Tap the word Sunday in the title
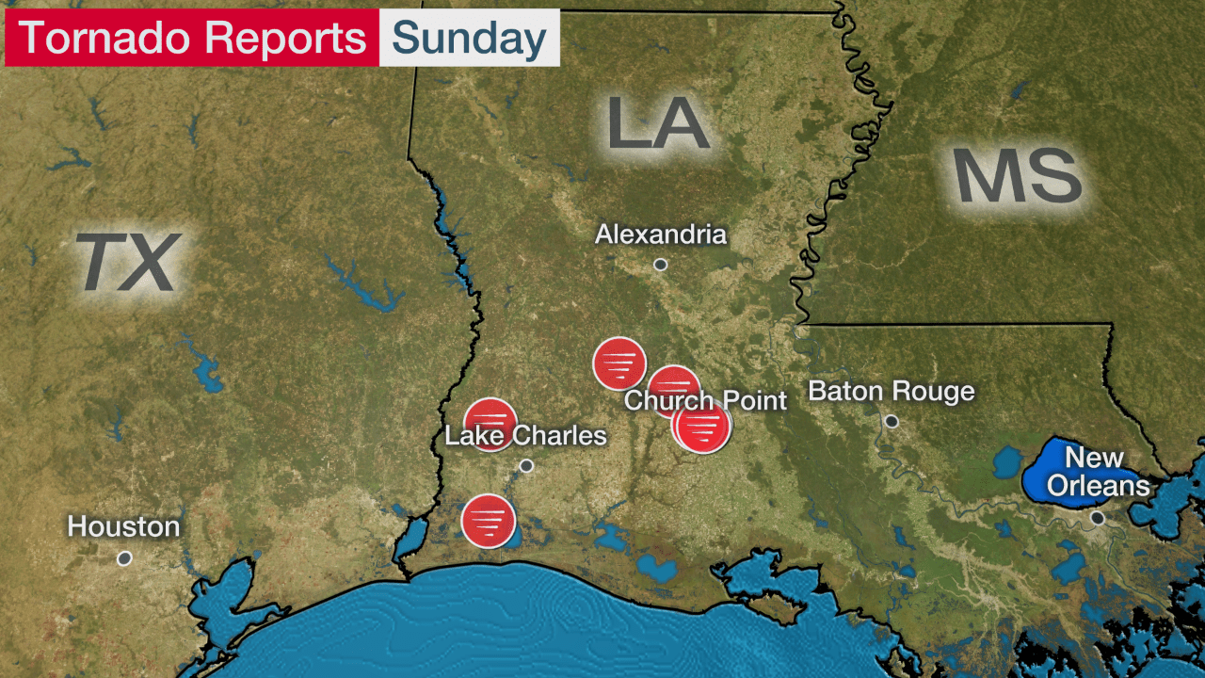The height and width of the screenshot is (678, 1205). [x=469, y=39]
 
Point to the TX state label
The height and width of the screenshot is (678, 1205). [x=127, y=263]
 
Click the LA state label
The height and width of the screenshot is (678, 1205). [x=657, y=123]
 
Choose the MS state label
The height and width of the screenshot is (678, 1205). [x=1018, y=177]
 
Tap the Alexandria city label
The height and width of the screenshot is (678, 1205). [x=661, y=234]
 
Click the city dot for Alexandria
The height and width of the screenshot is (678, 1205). [x=661, y=265]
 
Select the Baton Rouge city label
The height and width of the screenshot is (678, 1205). [x=892, y=391]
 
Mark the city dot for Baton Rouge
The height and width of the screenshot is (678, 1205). [x=892, y=421]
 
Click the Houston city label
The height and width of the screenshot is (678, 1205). [x=123, y=526]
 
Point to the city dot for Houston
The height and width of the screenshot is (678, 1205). [x=124, y=558]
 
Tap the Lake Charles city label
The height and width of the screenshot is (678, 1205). [x=525, y=436]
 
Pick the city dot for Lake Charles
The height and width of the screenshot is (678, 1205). [x=526, y=465]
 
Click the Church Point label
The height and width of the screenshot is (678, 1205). [x=705, y=400]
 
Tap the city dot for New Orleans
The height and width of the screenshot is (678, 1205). [x=1097, y=518]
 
